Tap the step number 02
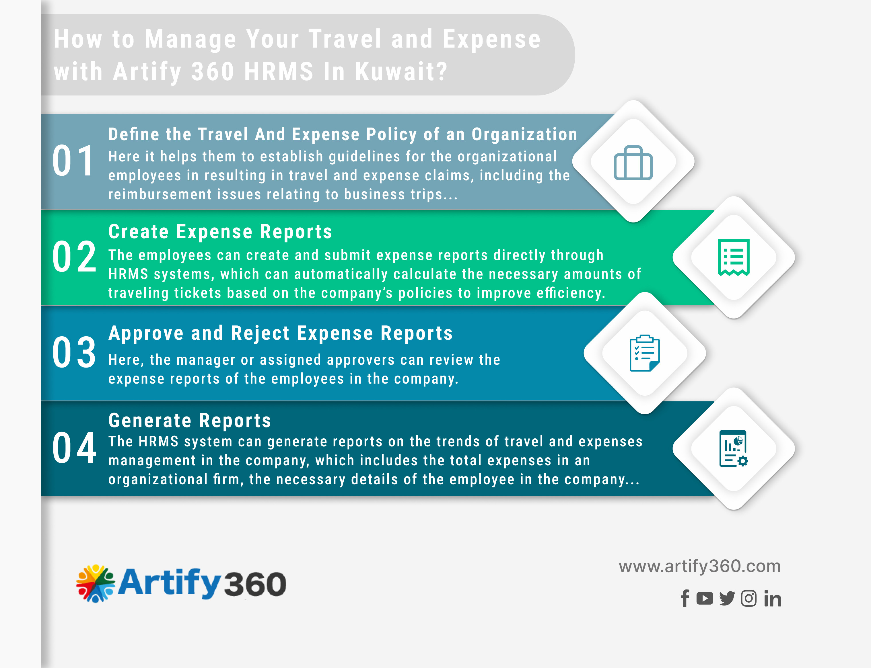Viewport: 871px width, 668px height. point(74,257)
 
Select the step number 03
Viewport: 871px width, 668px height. point(74,352)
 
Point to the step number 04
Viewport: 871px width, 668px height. point(74,448)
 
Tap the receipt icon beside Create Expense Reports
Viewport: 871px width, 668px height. point(733,257)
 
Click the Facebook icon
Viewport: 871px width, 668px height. point(685,598)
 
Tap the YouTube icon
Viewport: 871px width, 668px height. point(705,598)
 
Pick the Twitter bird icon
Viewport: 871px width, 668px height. point(727,598)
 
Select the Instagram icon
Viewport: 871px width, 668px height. point(748,598)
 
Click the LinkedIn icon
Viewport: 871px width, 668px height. point(773,598)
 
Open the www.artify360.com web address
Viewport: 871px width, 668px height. point(699,566)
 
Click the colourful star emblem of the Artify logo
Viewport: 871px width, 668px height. point(96,583)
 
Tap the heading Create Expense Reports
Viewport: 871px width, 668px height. point(220,232)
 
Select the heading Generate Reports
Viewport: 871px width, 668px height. point(190,421)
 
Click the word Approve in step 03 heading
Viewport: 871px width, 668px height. point(146,333)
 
